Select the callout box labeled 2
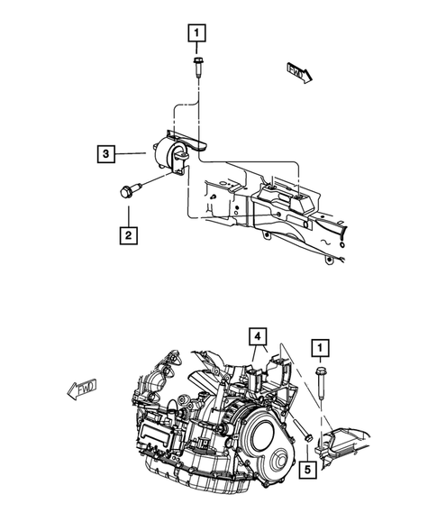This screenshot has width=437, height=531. click(129, 237)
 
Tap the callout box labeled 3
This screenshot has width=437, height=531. click(106, 155)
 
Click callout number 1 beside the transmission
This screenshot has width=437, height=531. click(318, 347)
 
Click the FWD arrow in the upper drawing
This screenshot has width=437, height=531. click(299, 71)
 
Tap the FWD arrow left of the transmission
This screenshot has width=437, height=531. click(82, 390)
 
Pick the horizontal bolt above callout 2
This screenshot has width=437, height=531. click(126, 191)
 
